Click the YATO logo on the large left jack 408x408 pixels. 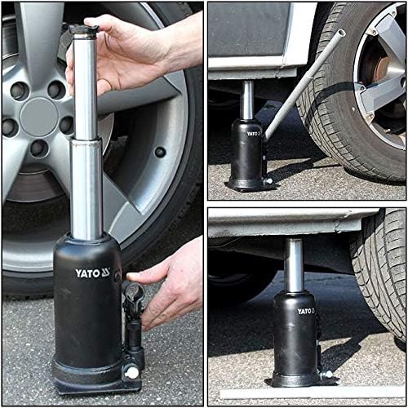[x=92, y=273]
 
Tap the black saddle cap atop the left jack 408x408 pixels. [x=83, y=30]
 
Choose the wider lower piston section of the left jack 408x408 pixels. [x=86, y=188]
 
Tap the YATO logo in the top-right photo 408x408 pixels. [x=253, y=133]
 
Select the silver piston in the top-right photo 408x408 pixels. [x=246, y=98]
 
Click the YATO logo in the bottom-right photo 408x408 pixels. [x=304, y=311]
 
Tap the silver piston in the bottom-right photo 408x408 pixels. [x=294, y=265]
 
